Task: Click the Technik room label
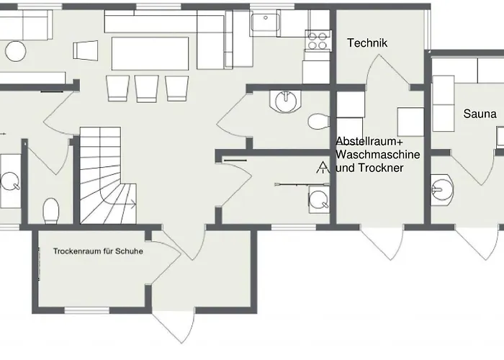[x=367, y=43]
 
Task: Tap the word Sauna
[x=480, y=114]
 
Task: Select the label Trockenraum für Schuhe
[x=98, y=251]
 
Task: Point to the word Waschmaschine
[x=378, y=155]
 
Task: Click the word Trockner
[x=380, y=168]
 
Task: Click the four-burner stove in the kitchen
[x=318, y=40]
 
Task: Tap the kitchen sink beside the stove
[x=266, y=22]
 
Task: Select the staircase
[x=108, y=175]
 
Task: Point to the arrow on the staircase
[x=132, y=204]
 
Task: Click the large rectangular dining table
[x=150, y=53]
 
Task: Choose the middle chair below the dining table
[x=147, y=89]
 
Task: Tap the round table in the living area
[x=16, y=51]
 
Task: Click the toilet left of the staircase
[x=51, y=210]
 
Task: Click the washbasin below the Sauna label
[x=441, y=189]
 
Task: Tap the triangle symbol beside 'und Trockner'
[x=323, y=168]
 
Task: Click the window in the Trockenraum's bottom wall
[x=87, y=310]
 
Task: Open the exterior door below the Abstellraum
[x=382, y=243]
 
